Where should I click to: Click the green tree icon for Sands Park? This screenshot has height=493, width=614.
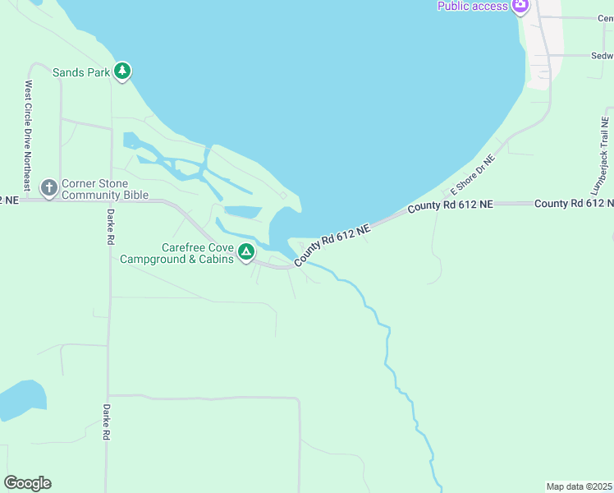122,71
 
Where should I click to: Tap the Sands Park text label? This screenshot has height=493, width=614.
81,72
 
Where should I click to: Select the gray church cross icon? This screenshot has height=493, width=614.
48,189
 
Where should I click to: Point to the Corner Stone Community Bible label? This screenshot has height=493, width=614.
105,189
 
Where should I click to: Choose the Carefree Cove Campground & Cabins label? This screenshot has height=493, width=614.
176,254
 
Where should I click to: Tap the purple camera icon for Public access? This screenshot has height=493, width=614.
520,7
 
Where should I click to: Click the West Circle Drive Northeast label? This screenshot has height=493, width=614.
28,136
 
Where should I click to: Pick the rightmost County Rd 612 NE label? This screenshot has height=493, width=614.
574,203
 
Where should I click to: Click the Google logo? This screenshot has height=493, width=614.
27,483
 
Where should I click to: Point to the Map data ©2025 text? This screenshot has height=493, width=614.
579,486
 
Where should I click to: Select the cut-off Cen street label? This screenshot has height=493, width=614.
605,18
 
